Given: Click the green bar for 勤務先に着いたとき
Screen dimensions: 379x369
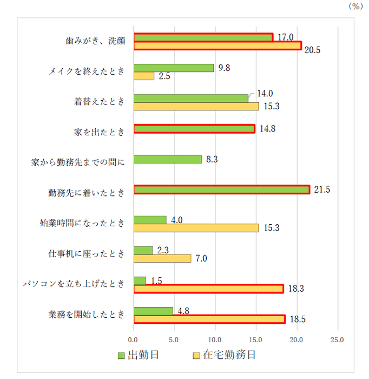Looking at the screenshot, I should click(x=221, y=190).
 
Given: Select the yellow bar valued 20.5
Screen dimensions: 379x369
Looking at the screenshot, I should click(x=217, y=46).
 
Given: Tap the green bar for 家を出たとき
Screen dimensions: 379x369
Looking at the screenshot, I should click(x=194, y=129).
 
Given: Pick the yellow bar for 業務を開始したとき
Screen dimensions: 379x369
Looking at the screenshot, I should click(x=209, y=319).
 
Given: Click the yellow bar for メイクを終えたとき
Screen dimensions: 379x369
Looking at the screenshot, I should click(x=144, y=76).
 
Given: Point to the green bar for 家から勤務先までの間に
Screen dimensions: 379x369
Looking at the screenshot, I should click(x=167, y=159).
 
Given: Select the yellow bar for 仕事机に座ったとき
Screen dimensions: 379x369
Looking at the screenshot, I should click(x=162, y=258).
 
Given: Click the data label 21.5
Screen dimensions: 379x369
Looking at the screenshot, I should click(x=322, y=190).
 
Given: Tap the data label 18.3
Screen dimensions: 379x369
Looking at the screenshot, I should click(x=296, y=289).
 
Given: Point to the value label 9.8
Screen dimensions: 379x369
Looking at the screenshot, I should click(x=225, y=68).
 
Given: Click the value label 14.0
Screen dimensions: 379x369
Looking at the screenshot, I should click(x=265, y=93).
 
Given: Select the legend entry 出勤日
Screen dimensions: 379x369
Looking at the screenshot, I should click(x=139, y=356).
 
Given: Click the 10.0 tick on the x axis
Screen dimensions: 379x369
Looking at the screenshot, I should click(x=215, y=341).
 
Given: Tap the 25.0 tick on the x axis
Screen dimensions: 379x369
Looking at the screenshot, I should click(x=338, y=341).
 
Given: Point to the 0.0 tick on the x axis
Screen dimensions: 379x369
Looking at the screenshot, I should click(x=134, y=341).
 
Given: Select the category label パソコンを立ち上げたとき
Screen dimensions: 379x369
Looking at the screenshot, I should click(x=74, y=284).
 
